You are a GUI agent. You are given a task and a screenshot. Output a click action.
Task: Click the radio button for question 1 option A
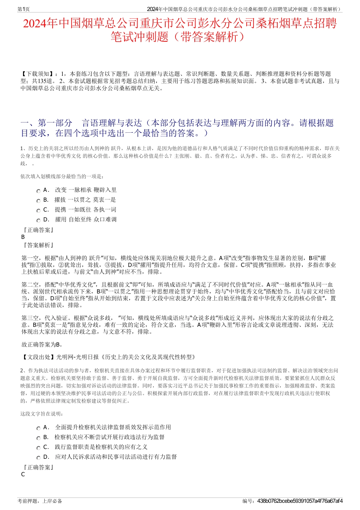38,191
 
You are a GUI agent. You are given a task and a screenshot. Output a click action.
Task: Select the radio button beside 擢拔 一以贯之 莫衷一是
38,201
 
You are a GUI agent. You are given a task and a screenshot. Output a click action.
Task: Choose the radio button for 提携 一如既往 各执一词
38,210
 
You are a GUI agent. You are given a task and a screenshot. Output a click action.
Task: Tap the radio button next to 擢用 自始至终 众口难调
38,220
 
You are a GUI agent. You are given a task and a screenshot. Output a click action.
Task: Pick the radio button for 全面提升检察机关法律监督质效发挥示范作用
38,428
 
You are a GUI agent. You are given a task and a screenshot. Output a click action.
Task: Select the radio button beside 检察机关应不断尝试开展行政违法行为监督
38,438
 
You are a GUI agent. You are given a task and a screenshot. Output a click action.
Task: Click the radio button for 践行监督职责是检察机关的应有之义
38,448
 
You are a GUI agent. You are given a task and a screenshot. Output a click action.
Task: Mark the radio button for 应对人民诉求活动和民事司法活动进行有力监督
38,458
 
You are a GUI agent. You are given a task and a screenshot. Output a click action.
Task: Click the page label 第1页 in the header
24,9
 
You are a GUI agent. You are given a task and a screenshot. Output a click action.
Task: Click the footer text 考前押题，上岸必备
40,501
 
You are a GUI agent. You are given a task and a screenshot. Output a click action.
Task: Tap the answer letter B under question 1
23,237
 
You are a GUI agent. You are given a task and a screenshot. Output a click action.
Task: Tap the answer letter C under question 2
23,474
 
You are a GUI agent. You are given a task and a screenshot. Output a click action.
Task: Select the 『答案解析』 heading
38,245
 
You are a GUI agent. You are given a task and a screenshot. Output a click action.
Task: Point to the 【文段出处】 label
38,357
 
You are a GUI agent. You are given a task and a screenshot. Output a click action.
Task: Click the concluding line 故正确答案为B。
42,345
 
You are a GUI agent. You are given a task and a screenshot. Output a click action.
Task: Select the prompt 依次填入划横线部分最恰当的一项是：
63,176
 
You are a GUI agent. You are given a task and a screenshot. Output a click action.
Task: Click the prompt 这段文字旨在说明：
42,414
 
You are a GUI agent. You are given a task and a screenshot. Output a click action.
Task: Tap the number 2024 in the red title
35,24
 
